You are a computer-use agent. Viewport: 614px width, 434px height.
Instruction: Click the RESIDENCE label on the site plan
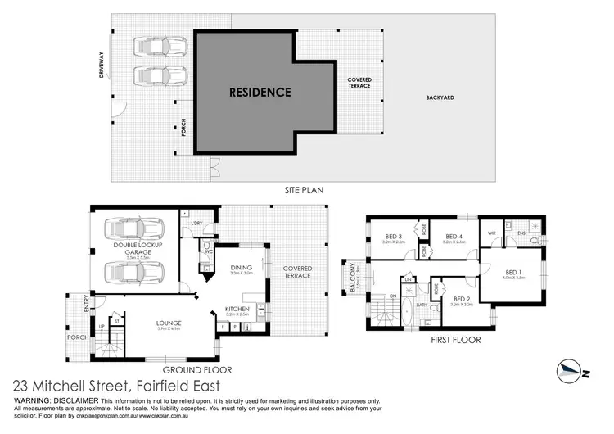260,92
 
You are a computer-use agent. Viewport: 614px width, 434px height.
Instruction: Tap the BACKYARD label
440,97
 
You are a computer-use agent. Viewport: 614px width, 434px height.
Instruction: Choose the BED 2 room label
462,299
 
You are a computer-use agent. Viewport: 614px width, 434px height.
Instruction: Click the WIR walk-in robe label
491,233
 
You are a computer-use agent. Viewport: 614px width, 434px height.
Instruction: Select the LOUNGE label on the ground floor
169,323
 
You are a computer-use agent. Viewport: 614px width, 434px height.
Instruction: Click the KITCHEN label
237,309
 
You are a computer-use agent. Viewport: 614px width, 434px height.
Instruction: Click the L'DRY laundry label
196,224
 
